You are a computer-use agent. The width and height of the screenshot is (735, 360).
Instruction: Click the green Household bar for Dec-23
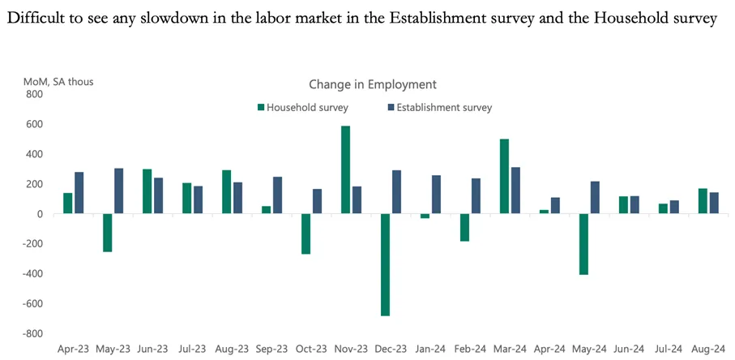coord(385,265)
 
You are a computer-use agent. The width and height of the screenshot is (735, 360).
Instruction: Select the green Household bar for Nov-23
coord(345,169)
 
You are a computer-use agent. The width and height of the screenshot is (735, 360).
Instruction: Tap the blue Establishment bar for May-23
coord(118,191)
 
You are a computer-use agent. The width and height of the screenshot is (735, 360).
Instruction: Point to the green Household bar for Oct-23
coord(306,234)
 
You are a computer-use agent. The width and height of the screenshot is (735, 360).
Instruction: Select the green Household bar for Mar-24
coord(504,176)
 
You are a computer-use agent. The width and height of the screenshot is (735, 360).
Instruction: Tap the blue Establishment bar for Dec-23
coord(396,191)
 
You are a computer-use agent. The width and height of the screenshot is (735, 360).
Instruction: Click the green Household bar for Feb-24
coord(464,227)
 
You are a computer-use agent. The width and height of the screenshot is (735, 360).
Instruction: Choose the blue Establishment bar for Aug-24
coord(714,203)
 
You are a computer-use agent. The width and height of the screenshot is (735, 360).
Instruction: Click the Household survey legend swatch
coord(261,108)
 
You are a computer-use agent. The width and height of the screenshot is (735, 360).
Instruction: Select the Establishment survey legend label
coord(444,108)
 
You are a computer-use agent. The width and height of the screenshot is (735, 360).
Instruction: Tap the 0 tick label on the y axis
coord(40,214)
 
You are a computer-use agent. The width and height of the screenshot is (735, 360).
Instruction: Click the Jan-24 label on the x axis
coord(430,349)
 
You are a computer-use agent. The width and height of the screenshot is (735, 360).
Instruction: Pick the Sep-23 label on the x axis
coord(271,349)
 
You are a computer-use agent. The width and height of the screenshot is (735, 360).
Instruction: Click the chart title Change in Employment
coord(373,84)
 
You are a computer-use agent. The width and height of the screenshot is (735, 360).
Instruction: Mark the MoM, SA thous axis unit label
coord(58,82)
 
